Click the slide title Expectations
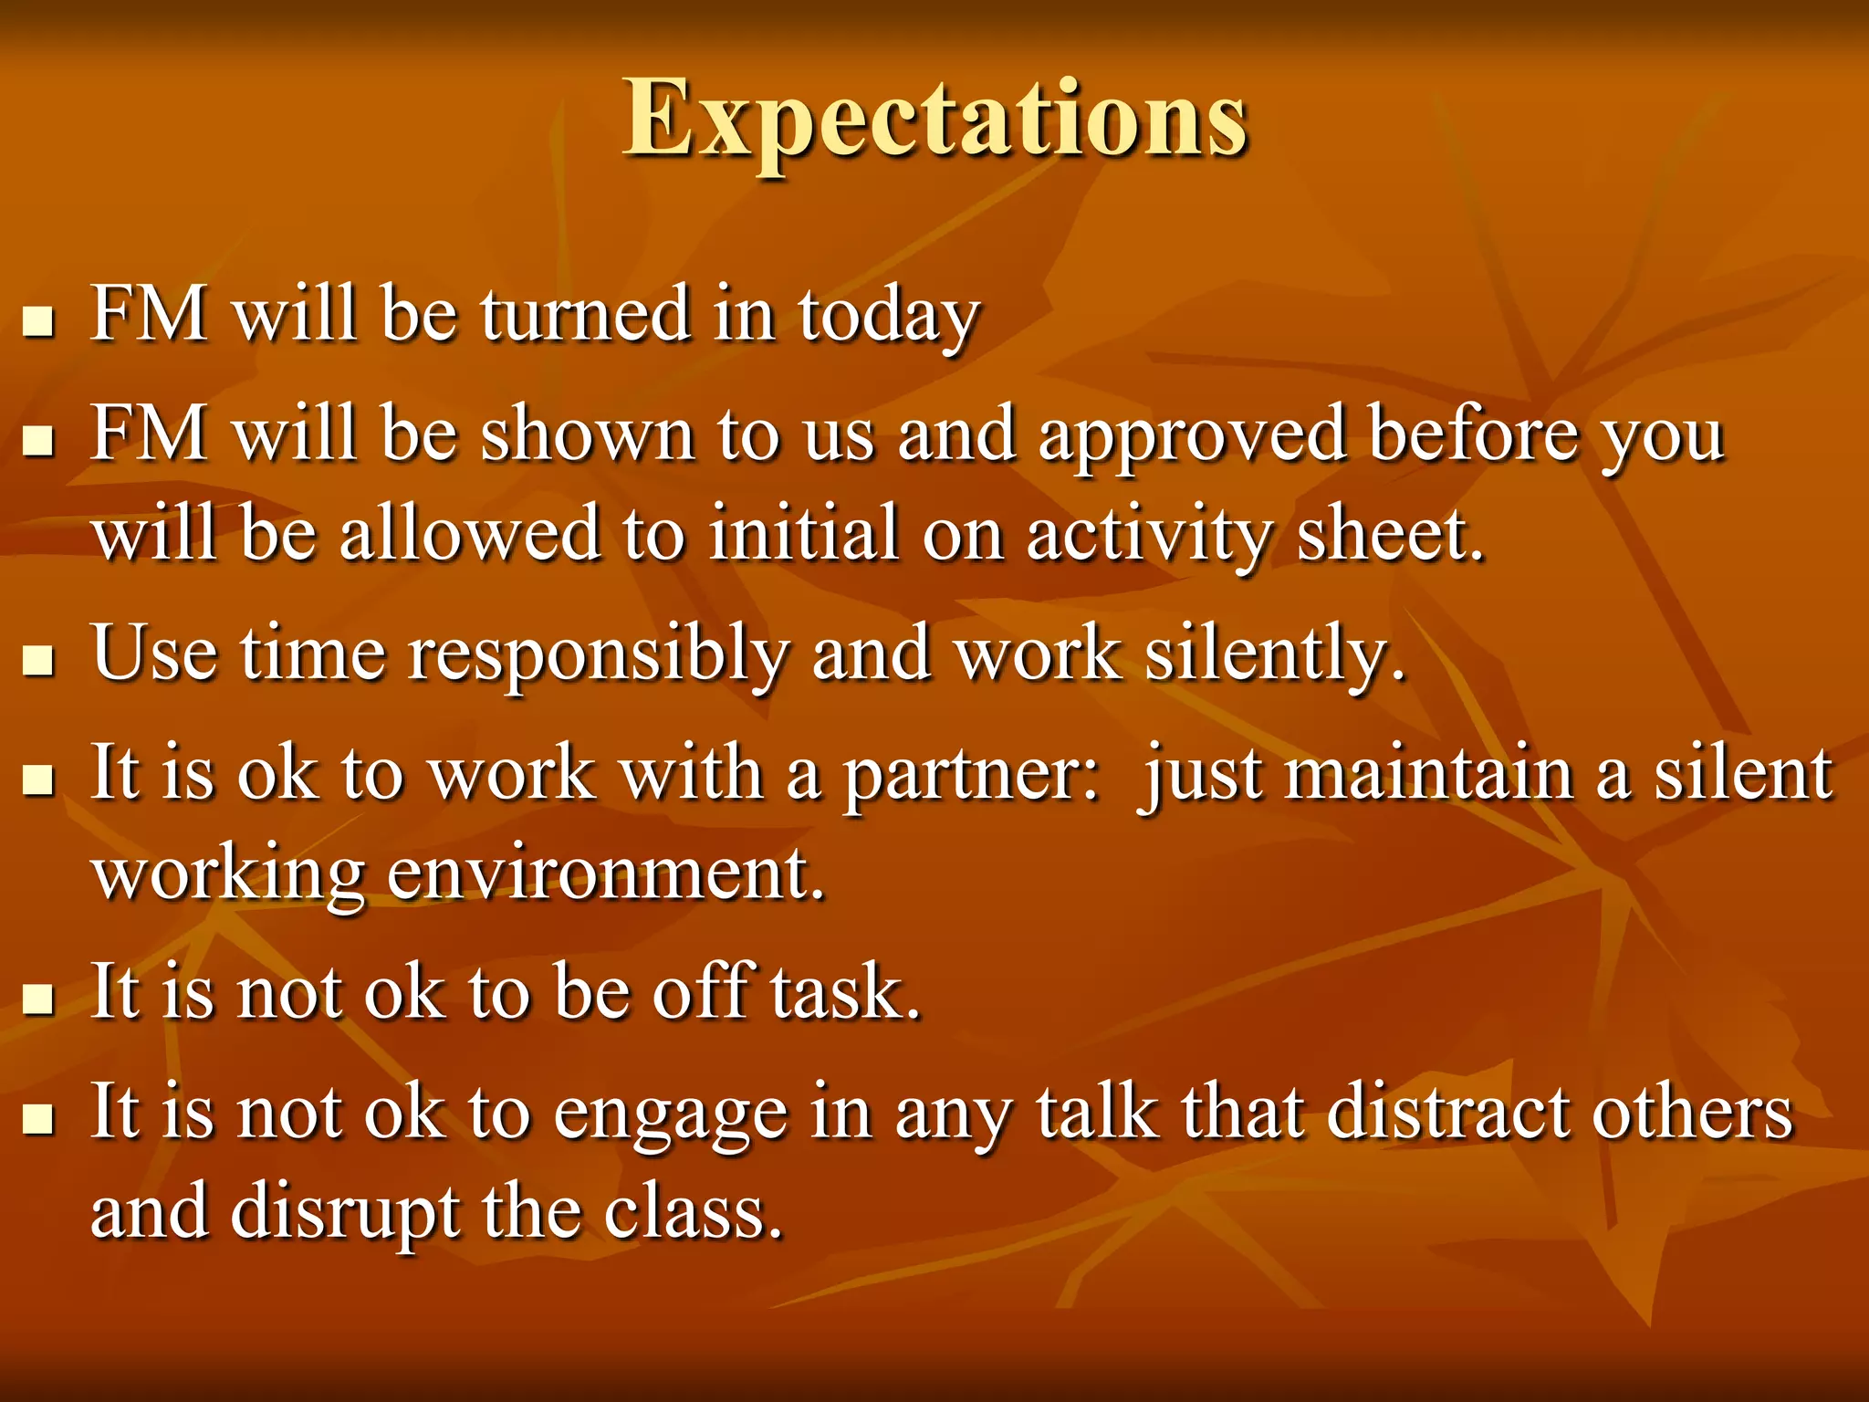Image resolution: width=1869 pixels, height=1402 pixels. click(934, 119)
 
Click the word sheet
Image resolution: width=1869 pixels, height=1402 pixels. click(1389, 535)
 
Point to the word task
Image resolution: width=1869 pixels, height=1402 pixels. click(844, 993)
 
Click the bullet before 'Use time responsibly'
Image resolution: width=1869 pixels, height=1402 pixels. click(37, 661)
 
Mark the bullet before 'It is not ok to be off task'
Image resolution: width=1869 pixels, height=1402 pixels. click(37, 999)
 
